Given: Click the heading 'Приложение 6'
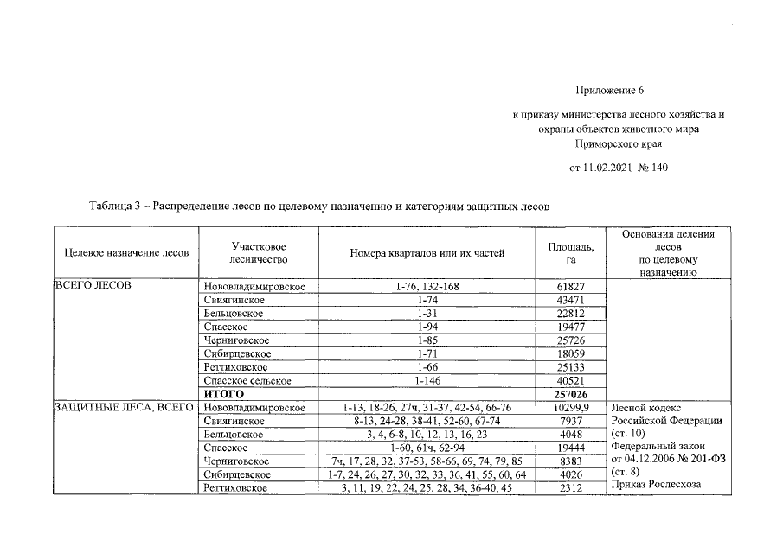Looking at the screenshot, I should click(611, 90).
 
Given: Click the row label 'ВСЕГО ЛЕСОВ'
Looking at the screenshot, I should click(93, 285).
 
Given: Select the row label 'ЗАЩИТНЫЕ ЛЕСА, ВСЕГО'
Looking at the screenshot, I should click(123, 407).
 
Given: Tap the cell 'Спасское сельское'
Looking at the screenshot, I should click(247, 380).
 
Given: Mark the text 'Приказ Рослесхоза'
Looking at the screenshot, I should click(655, 484).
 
